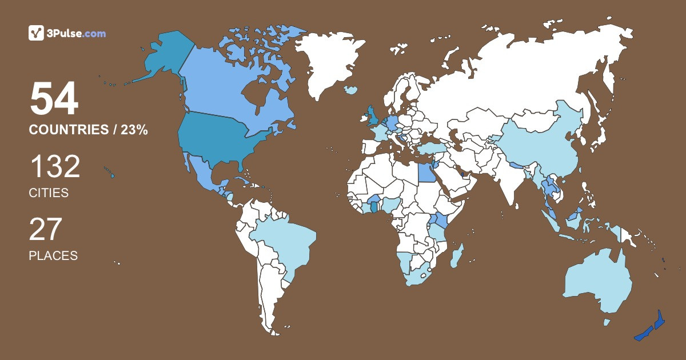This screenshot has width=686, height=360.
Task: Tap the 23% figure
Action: [x=134, y=130]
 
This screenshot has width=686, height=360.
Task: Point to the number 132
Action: [x=54, y=167]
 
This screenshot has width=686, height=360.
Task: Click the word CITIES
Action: [x=49, y=193]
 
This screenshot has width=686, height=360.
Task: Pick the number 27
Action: [x=45, y=230]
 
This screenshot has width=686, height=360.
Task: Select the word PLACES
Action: [x=53, y=255]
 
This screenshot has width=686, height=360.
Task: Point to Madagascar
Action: [x=456, y=255]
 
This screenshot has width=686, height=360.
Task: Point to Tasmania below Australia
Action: [x=607, y=322]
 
